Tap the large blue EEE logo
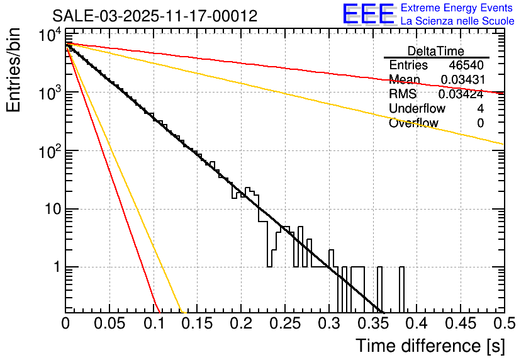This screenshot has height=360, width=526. [x=368, y=14]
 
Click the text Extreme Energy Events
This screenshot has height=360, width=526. [x=457, y=8]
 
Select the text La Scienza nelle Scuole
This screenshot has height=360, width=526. [x=457, y=21]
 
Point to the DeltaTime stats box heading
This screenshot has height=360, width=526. [x=436, y=51]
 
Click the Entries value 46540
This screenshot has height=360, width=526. [x=466, y=65]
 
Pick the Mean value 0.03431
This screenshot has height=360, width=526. [x=462, y=79]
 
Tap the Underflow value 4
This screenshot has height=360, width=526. [x=480, y=108]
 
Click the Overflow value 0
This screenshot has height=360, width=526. [x=480, y=123]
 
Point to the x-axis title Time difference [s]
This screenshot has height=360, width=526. [x=430, y=346]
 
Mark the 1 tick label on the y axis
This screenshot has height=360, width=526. [x=55, y=267]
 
